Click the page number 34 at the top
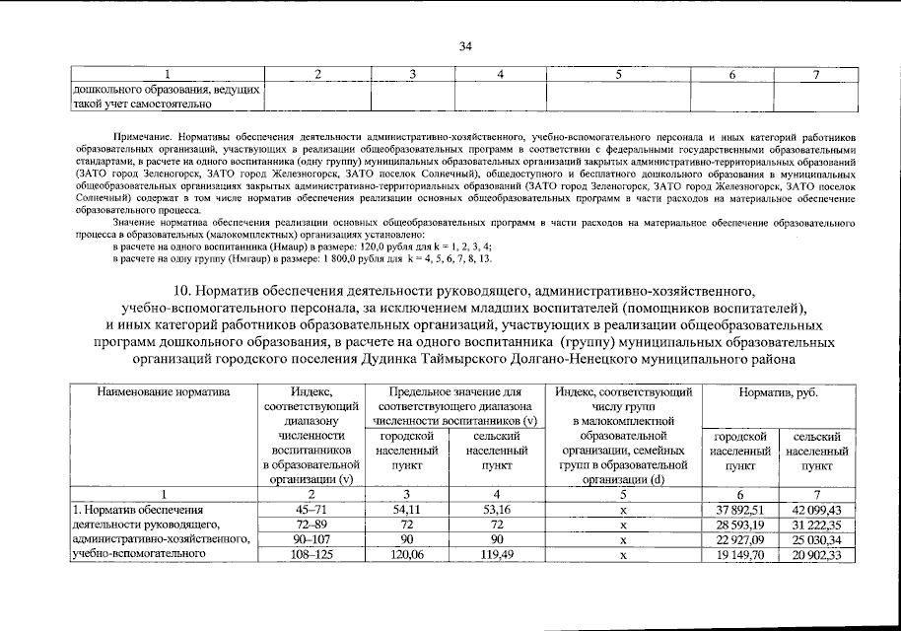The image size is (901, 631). (x=466, y=46)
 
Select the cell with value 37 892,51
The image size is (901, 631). (x=738, y=510)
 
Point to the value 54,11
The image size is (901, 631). (x=407, y=510)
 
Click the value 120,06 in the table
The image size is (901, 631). (x=407, y=555)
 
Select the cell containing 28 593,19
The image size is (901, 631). (x=738, y=525)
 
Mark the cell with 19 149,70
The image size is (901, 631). (x=738, y=555)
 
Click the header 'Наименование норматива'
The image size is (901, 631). (x=163, y=392)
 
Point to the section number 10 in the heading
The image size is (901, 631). (x=181, y=291)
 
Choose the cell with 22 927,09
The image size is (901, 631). (x=738, y=540)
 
